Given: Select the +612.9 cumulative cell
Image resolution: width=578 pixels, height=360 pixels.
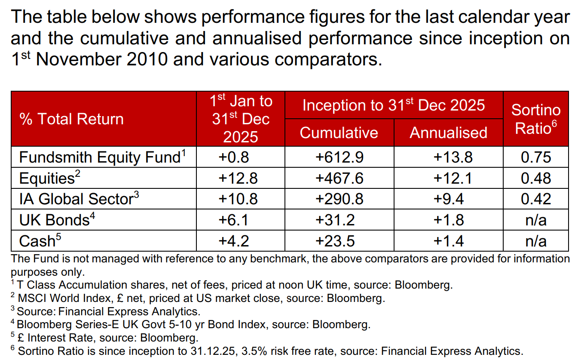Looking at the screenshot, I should click(339, 157).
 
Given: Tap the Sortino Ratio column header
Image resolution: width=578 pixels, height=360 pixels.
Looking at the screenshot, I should click(535, 119).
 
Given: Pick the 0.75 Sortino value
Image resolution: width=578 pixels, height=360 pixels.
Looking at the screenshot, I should click(535, 157).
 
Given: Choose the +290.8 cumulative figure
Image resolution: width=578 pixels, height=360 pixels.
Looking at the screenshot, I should click(339, 199).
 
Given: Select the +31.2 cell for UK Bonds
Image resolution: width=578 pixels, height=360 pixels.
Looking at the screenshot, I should click(339, 220).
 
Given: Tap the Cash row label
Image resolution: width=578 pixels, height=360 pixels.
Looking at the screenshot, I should click(37, 241).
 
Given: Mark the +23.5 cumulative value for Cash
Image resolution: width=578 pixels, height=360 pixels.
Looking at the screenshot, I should click(339, 241).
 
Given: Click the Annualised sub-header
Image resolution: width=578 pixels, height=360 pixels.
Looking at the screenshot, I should click(448, 132).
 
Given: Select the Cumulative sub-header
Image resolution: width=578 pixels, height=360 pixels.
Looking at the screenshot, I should click(339, 132).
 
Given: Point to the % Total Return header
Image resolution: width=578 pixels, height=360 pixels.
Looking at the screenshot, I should click(71, 119).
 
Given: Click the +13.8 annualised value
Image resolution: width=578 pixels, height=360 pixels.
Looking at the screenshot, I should click(448, 157).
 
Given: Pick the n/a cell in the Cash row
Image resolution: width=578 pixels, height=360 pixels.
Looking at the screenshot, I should click(535, 241).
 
